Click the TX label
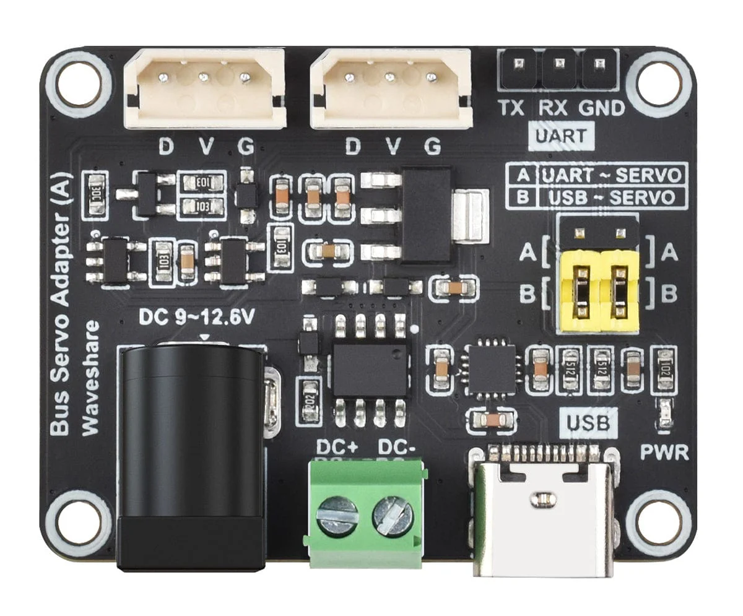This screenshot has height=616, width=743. [511, 108]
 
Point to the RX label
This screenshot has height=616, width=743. [551, 108]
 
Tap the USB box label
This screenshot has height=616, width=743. [588, 423]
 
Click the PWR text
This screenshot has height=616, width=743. [664, 453]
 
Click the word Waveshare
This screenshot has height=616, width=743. [92, 378]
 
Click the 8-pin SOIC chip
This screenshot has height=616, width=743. [370, 370]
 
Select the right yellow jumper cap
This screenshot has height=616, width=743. [619, 288]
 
